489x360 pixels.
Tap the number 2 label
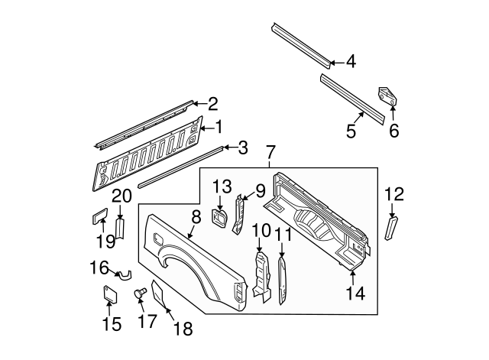(x=213, y=104)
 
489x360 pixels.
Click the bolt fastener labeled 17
(x=141, y=293)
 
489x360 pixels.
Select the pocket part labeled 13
(x=219, y=218)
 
